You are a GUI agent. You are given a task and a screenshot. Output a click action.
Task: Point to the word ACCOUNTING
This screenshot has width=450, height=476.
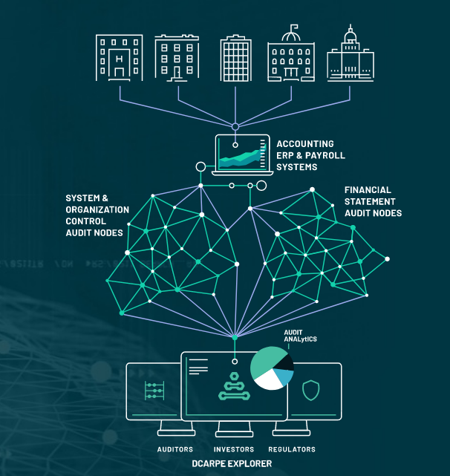[305, 144]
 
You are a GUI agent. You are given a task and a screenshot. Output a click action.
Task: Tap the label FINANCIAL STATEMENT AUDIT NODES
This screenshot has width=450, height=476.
[373, 201]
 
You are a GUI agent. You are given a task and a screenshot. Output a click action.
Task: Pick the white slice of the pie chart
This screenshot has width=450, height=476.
[268, 380]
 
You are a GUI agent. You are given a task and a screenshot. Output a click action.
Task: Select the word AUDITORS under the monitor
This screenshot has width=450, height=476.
[175, 449]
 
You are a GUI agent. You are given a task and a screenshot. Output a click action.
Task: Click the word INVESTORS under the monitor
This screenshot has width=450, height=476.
[234, 449]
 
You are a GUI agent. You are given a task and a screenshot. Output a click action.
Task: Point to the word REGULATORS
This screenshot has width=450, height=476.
[292, 449]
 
